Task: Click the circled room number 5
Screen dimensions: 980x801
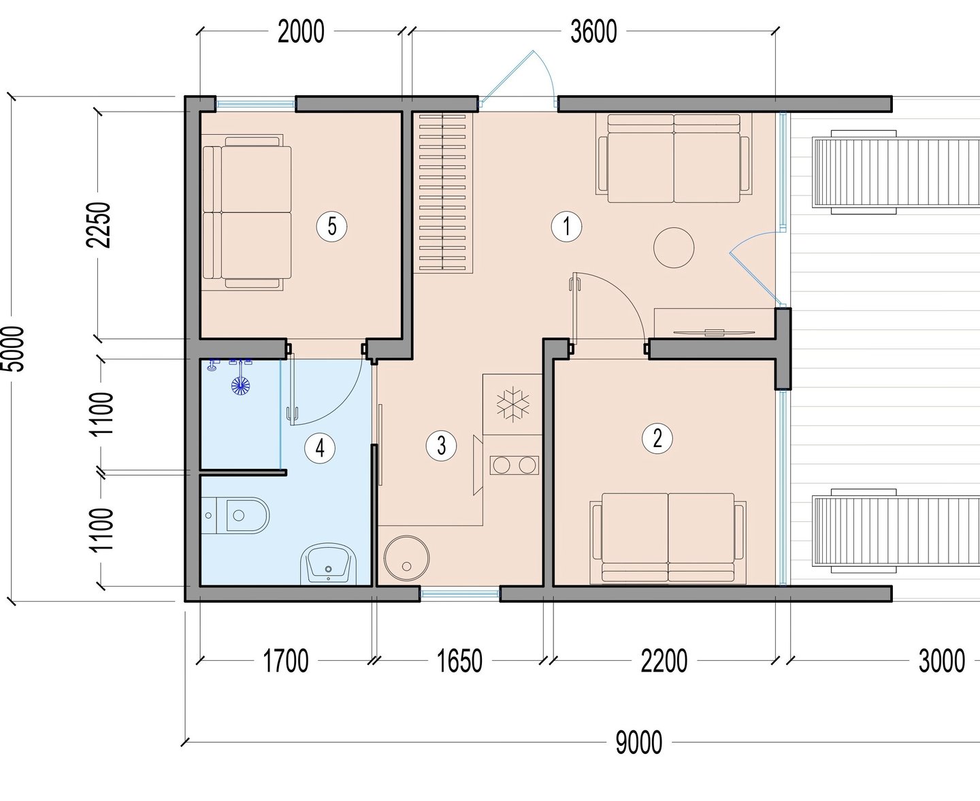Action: pos(332,227)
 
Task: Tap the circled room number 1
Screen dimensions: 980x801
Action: pos(566,227)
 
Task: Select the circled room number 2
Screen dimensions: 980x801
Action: pos(657,438)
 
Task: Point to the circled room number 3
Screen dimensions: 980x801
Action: pos(441,446)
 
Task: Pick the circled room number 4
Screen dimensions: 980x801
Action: pos(320,448)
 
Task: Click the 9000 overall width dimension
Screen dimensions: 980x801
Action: pos(639,743)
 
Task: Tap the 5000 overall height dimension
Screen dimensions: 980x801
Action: pos(13,349)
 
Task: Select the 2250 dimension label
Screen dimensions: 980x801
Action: pos(99,225)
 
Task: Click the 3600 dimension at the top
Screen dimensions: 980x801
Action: pos(594,32)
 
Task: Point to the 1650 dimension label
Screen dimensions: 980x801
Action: pos(459,661)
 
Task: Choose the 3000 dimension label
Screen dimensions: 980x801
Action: pos(942,661)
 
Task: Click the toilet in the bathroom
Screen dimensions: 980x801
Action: pos(235,515)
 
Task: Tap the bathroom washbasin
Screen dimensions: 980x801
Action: pos(329,563)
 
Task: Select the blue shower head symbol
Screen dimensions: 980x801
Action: pos(241,385)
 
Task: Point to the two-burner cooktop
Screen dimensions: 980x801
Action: pos(514,465)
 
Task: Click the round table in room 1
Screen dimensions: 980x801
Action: pos(674,248)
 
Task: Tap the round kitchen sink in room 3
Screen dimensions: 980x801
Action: pos(406,558)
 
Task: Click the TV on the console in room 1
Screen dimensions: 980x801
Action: pos(714,332)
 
